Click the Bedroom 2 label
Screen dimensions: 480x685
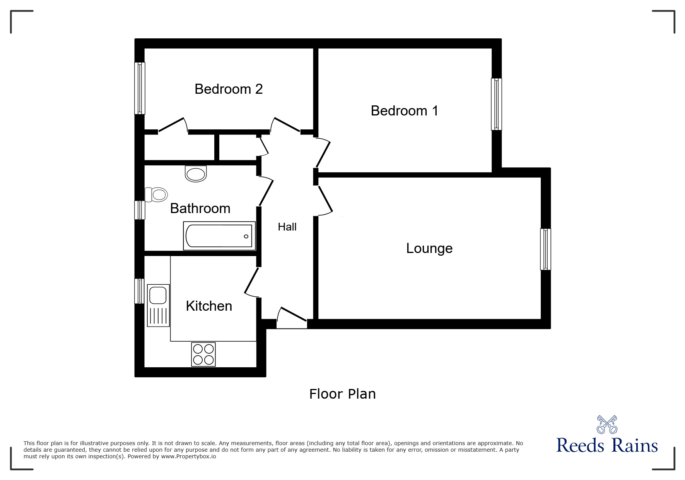click(229, 89)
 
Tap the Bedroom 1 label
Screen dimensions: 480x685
click(404, 111)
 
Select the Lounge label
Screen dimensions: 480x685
click(429, 248)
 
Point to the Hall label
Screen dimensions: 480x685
click(287, 227)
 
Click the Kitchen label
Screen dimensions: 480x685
click(209, 306)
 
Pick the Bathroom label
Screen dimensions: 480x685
click(200, 208)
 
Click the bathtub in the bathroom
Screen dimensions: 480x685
click(219, 236)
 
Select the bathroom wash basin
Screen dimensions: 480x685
click(196, 174)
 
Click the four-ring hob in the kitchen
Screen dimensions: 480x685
click(203, 354)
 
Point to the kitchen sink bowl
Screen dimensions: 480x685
click(158, 295)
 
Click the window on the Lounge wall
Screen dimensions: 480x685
click(545, 249)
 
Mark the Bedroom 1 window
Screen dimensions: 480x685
click(496, 104)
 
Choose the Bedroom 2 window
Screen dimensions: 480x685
click(140, 88)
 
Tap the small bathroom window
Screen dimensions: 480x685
click(140, 210)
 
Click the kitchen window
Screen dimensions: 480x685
click(139, 291)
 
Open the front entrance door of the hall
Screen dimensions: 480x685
click(292, 319)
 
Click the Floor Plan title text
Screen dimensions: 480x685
click(342, 394)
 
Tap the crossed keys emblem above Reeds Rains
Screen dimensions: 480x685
click(607, 424)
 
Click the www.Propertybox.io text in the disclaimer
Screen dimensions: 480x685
click(189, 456)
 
